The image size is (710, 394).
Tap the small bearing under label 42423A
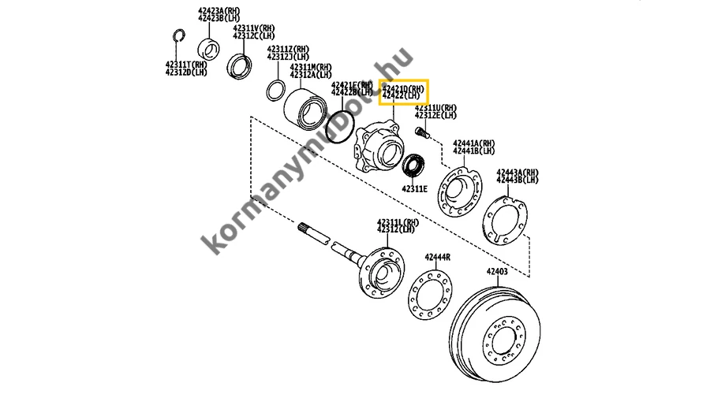pos(208,47)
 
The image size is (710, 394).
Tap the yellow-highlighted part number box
pos(403,92)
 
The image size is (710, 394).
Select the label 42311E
pos(413,189)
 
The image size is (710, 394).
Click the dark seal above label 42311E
pos(413,167)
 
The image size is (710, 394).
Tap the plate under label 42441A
pos(460,189)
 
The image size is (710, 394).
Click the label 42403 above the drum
pos(496,271)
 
